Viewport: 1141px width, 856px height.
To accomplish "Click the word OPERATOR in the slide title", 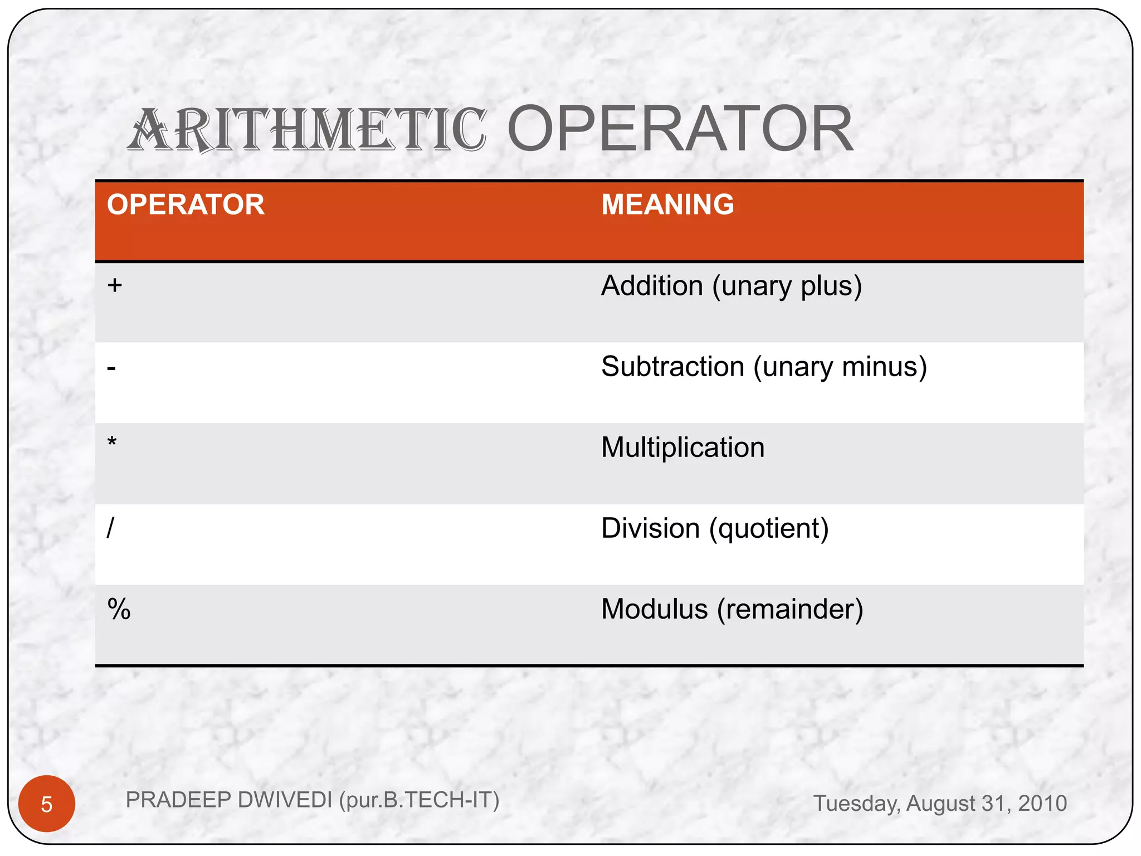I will click(x=680, y=130).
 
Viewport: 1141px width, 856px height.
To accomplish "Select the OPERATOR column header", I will click(x=186, y=205).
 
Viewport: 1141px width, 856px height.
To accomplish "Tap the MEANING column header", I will click(x=667, y=205).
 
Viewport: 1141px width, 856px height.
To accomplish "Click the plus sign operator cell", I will click(x=115, y=285).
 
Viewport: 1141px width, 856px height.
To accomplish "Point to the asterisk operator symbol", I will click(x=112, y=443).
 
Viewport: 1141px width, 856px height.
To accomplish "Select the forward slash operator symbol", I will click(x=110, y=527).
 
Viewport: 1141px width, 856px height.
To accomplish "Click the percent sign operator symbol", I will click(x=119, y=609).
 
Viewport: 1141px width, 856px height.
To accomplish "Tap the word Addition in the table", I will click(x=652, y=286).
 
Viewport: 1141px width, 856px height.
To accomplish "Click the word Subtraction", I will click(x=672, y=367).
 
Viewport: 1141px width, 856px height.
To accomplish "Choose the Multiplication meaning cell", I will click(x=682, y=448).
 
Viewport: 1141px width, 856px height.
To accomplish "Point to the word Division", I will click(x=650, y=528).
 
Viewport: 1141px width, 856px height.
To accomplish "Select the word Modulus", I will click(x=654, y=609).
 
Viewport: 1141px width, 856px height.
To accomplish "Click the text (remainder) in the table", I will click(x=790, y=609).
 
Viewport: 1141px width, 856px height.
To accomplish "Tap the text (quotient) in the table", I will click(x=769, y=529).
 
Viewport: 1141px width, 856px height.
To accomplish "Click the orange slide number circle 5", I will click(x=47, y=804).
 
